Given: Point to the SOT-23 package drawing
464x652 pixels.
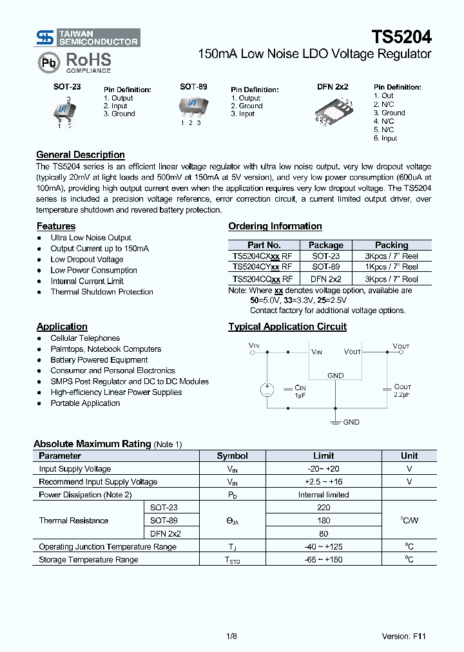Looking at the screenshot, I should (x=64, y=111).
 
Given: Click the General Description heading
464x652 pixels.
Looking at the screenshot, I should (x=81, y=155).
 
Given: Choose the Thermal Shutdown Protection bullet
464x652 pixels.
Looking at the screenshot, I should (x=102, y=292).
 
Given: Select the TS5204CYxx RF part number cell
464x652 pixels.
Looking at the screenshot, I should (x=263, y=266).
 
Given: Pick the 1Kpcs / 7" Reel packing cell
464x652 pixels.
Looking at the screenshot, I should (x=391, y=266).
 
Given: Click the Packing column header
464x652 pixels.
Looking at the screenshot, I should (x=391, y=245).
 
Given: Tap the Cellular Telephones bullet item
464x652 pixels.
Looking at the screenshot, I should (x=85, y=338).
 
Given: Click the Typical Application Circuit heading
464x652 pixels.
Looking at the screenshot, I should (x=287, y=327).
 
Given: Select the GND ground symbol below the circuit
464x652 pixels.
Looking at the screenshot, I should (x=336, y=422).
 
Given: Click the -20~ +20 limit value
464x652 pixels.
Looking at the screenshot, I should (x=324, y=469).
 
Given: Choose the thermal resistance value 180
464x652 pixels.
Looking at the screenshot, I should (x=324, y=521).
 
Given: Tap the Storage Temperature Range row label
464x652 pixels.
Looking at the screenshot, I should (x=88, y=559).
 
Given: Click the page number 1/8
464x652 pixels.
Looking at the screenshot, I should (x=231, y=636).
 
